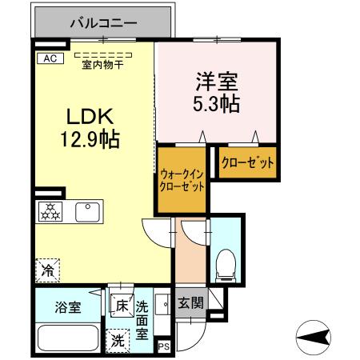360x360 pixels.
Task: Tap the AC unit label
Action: [x=49, y=58]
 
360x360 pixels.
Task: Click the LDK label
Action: [x=89, y=117]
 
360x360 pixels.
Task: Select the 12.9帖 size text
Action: [x=89, y=140]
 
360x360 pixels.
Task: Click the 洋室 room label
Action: [x=214, y=82]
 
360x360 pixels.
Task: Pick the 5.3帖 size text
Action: [x=214, y=104]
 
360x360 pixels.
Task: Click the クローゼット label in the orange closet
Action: [x=247, y=163]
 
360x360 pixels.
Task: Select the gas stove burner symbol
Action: [x=50, y=212]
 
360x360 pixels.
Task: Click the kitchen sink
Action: [x=86, y=212]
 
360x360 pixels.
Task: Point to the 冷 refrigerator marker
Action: [x=48, y=270]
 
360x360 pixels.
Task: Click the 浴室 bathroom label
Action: [x=66, y=306]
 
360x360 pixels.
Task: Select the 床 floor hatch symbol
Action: [x=122, y=305]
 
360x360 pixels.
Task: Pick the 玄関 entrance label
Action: [x=190, y=303]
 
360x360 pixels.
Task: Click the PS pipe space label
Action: [x=164, y=346]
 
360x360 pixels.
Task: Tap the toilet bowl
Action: [x=226, y=262]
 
